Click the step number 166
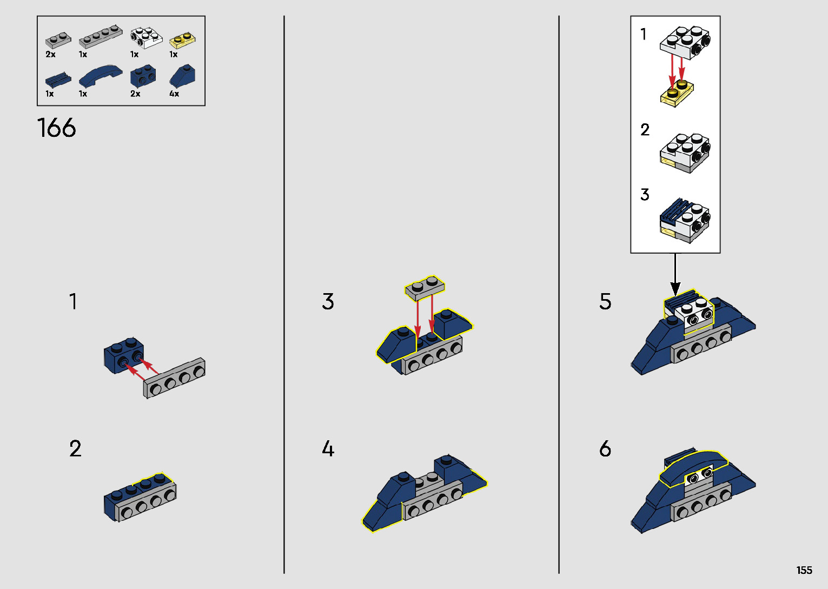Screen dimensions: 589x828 pyautogui.click(x=56, y=128)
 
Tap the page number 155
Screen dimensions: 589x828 pyautogui.click(x=804, y=570)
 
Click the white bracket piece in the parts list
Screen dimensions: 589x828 pyautogui.click(x=145, y=38)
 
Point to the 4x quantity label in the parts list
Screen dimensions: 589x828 pyautogui.click(x=174, y=94)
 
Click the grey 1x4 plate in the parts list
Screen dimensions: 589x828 pyautogui.click(x=101, y=38)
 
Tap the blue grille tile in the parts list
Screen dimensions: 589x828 pyautogui.click(x=58, y=80)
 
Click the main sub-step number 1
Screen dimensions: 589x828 pyautogui.click(x=73, y=301)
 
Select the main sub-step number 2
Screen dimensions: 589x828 pyautogui.click(x=75, y=448)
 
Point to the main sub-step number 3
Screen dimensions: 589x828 pyautogui.click(x=328, y=301)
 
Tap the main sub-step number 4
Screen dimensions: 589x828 pyautogui.click(x=328, y=448)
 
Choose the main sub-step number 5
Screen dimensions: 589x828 pyautogui.click(x=605, y=301)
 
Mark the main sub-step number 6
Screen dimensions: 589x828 pyautogui.click(x=605, y=448)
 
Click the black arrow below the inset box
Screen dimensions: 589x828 pyautogui.click(x=675, y=276)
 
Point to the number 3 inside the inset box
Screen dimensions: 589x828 pyautogui.click(x=645, y=195)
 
